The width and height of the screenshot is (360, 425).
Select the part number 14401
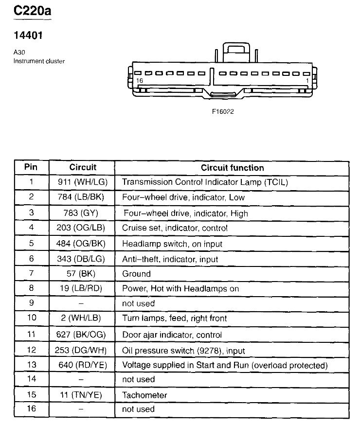point(28,36)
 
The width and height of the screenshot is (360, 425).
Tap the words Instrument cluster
point(39,61)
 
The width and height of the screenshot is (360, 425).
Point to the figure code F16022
point(223,111)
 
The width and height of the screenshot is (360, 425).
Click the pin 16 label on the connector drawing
point(140,81)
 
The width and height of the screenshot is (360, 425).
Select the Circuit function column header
point(232,168)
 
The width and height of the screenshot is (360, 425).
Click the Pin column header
point(31,167)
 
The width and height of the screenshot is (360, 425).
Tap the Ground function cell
point(136,274)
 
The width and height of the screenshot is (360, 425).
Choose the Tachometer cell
point(144,395)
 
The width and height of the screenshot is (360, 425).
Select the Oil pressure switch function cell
point(183,350)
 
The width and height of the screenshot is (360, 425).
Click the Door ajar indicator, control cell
point(172,335)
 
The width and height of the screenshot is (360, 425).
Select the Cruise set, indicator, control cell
point(175,228)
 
